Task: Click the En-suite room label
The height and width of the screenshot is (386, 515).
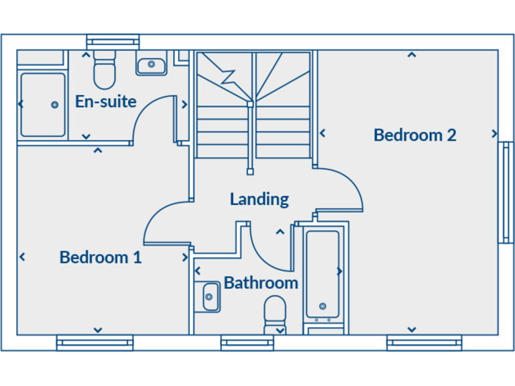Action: [105, 102]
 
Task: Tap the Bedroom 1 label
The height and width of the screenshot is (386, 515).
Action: [101, 257]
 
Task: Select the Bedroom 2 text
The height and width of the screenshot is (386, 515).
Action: [414, 135]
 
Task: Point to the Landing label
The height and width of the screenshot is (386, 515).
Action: [259, 199]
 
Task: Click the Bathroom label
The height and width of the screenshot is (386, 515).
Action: [261, 283]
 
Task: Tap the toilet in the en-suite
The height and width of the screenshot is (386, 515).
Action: [105, 71]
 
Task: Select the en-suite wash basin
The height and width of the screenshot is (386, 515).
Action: [152, 65]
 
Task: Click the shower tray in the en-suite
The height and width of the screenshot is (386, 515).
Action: [43, 105]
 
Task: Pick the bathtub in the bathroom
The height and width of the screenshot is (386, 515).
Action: [323, 275]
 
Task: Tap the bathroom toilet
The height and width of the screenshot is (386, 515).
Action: [275, 314]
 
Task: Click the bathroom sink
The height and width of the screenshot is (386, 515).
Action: [211, 296]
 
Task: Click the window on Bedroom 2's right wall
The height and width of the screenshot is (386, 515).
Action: [506, 192]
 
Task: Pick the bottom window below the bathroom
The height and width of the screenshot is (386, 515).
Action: [247, 343]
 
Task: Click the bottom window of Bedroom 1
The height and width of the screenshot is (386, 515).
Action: [95, 343]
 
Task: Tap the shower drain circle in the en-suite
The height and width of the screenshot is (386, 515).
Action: [54, 105]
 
